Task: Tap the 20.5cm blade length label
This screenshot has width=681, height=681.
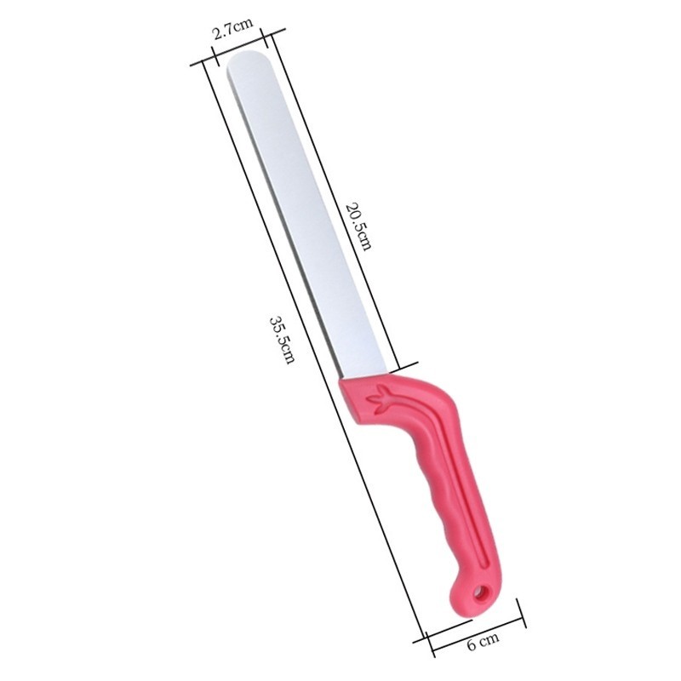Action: (358, 226)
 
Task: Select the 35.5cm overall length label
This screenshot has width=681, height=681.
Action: (283, 340)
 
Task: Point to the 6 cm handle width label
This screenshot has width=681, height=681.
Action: (484, 642)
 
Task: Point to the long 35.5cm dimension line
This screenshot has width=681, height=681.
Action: (312, 352)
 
